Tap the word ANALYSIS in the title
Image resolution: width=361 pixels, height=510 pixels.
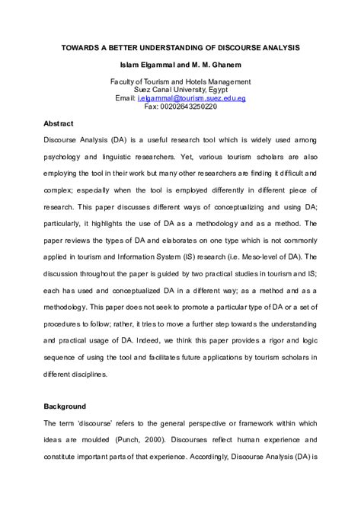tap(273, 48)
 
